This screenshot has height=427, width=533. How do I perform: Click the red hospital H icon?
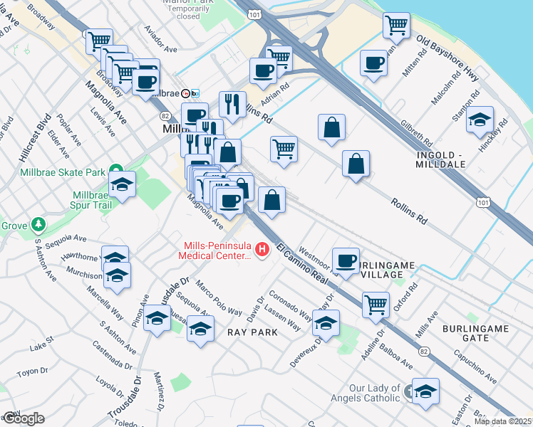[x=262, y=249]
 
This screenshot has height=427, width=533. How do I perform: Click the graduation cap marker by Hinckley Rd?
[x=480, y=120]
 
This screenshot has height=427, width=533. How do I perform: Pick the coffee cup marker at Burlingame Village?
[x=346, y=260]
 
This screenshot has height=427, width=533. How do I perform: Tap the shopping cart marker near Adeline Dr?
[x=376, y=305]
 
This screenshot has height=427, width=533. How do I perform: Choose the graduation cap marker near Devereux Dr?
[x=326, y=323]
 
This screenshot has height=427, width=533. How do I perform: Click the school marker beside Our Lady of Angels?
[x=426, y=391]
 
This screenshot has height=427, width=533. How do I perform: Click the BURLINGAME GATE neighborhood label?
[x=475, y=332]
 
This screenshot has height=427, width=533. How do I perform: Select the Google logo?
[x=23, y=418]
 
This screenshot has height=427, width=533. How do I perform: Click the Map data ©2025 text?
[x=503, y=421]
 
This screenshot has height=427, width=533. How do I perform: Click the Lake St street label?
[x=38, y=347]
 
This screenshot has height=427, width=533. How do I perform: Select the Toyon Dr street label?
[x=31, y=371]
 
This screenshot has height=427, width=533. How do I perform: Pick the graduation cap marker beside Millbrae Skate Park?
[x=123, y=185]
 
